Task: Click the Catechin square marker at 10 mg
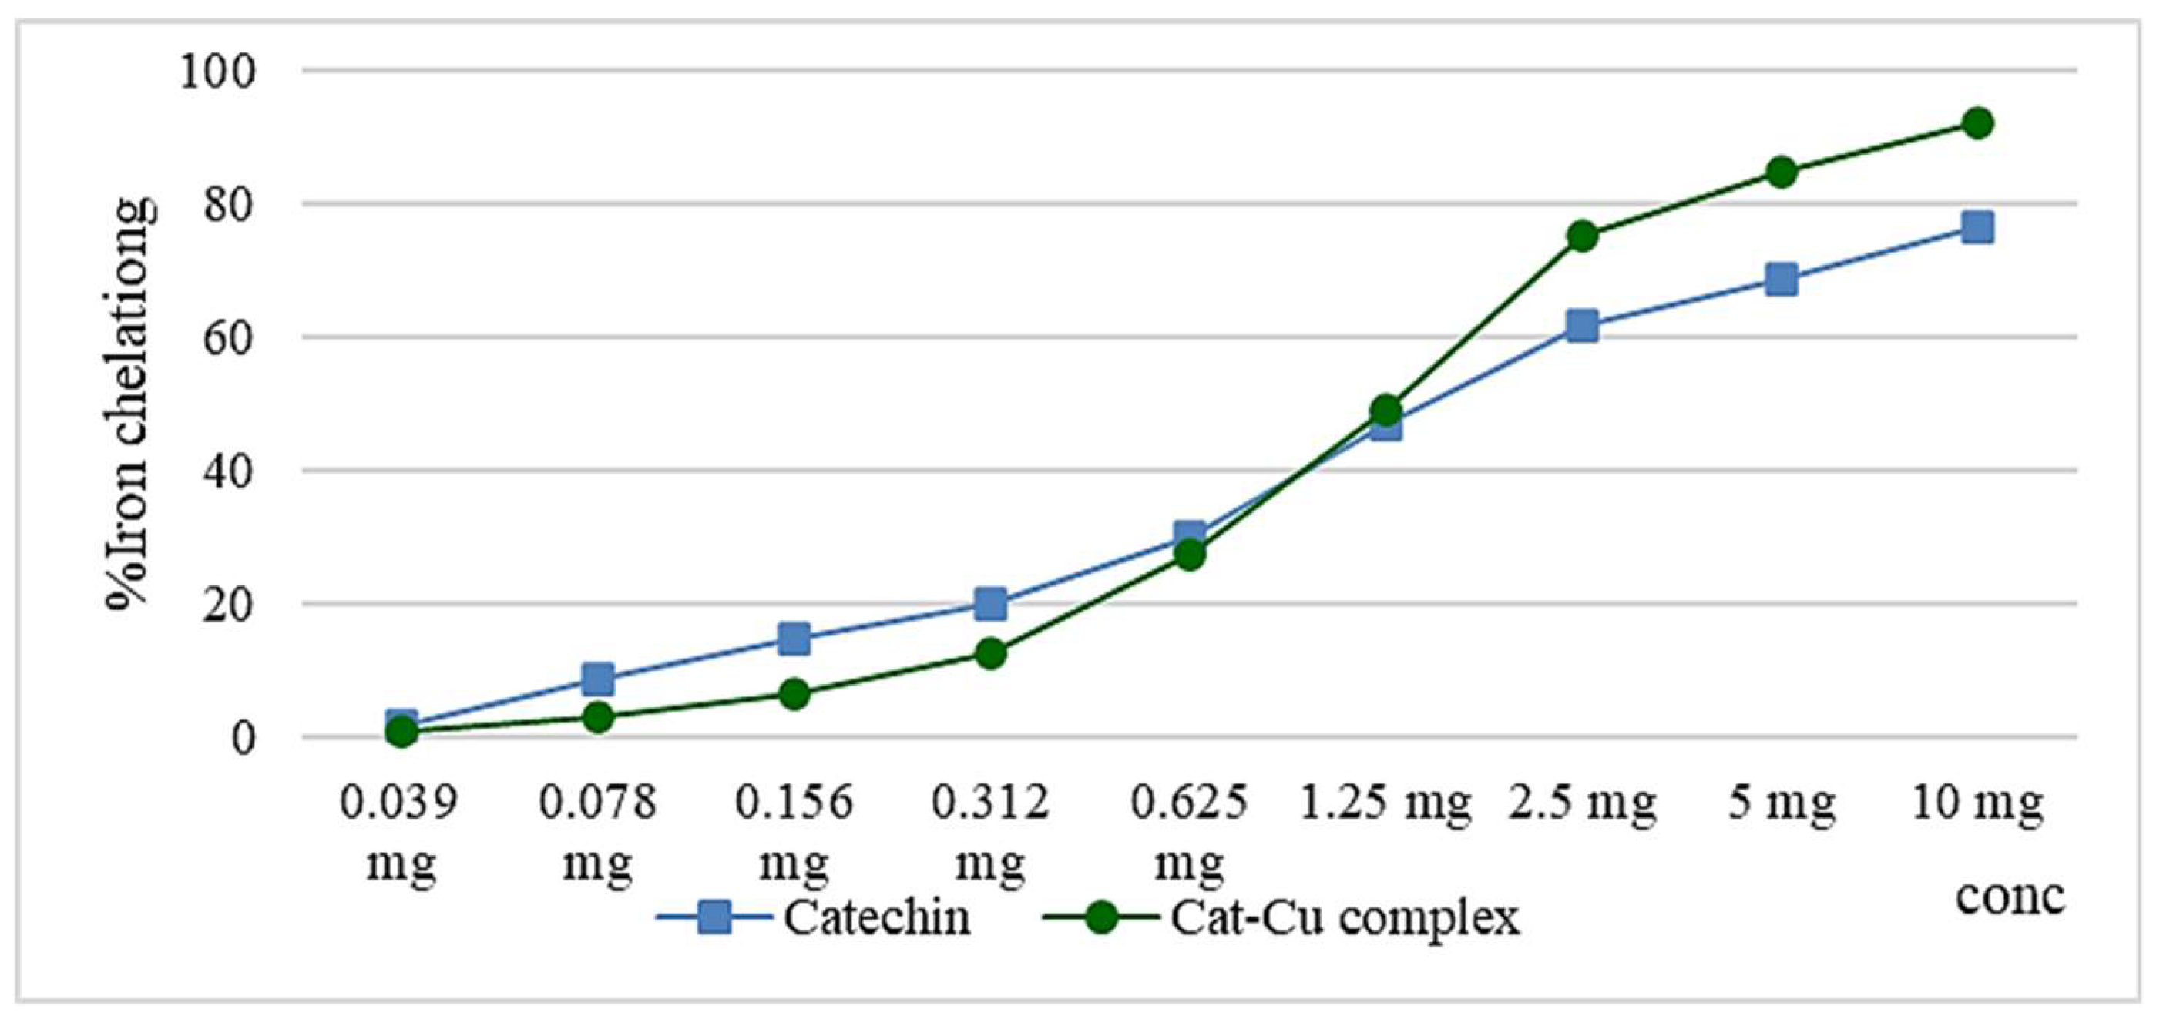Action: [1977, 226]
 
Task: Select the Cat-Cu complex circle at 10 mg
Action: [1977, 123]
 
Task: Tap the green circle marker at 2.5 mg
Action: [1582, 236]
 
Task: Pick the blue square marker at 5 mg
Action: [1781, 279]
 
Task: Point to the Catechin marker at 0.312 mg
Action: [991, 603]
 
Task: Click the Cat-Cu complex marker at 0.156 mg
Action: [794, 693]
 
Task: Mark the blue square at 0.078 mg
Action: [597, 678]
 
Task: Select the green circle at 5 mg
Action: [1781, 173]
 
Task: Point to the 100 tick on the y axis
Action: [217, 73]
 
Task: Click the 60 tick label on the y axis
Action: [227, 338]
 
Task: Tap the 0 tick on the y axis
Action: [243, 739]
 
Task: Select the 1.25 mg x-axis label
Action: [1385, 803]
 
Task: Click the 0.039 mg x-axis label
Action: [401, 831]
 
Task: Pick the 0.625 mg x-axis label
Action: [1189, 831]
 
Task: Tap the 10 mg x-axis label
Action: [1977, 803]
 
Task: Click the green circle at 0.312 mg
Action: [991, 652]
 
